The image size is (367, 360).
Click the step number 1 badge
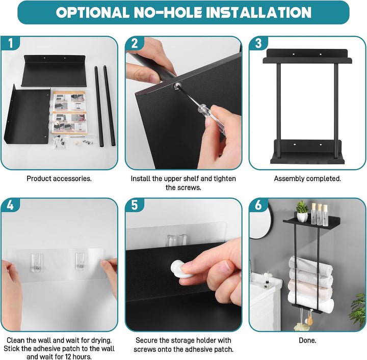(10, 43)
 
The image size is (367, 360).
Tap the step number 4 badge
(10, 206)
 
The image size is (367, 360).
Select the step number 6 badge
(258, 206)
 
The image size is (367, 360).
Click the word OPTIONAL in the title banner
(92, 12)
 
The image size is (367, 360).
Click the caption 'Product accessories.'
(59, 179)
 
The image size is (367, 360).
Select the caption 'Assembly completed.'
(307, 179)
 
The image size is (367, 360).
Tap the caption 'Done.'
(307, 340)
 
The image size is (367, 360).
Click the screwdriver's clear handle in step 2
(212, 118)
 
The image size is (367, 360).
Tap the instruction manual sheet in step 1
(69, 113)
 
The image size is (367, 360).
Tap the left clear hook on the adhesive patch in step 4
(37, 263)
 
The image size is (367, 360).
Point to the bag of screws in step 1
(60, 142)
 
